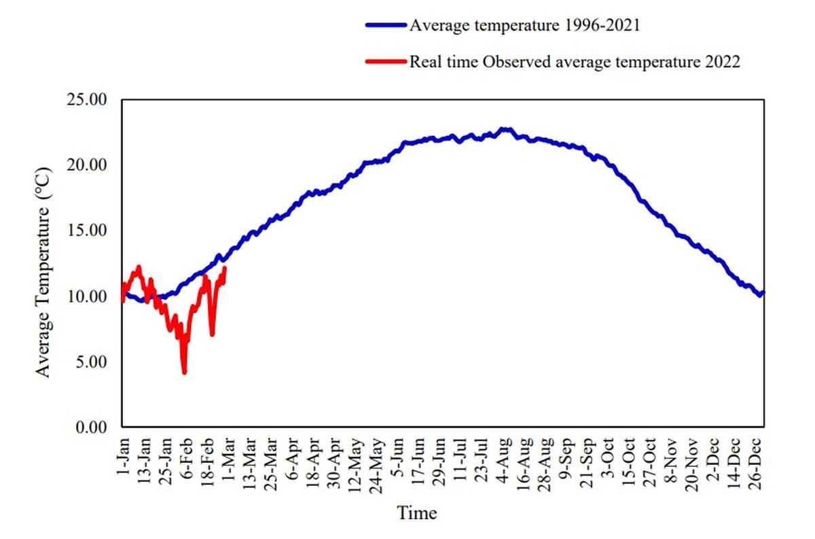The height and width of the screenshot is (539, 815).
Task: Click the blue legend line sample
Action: pyautogui.click(x=386, y=25)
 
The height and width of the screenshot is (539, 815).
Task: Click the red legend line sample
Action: pyautogui.click(x=386, y=62)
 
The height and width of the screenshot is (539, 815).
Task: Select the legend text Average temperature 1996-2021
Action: pyautogui.click(x=524, y=25)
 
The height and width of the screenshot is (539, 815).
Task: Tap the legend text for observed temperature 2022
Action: pyautogui.click(x=574, y=62)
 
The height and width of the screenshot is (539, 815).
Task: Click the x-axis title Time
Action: pyautogui.click(x=417, y=512)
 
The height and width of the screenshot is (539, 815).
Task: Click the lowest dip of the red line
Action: pyautogui.click(x=184, y=372)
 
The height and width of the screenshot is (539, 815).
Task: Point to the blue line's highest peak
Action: pyautogui.click(x=504, y=128)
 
